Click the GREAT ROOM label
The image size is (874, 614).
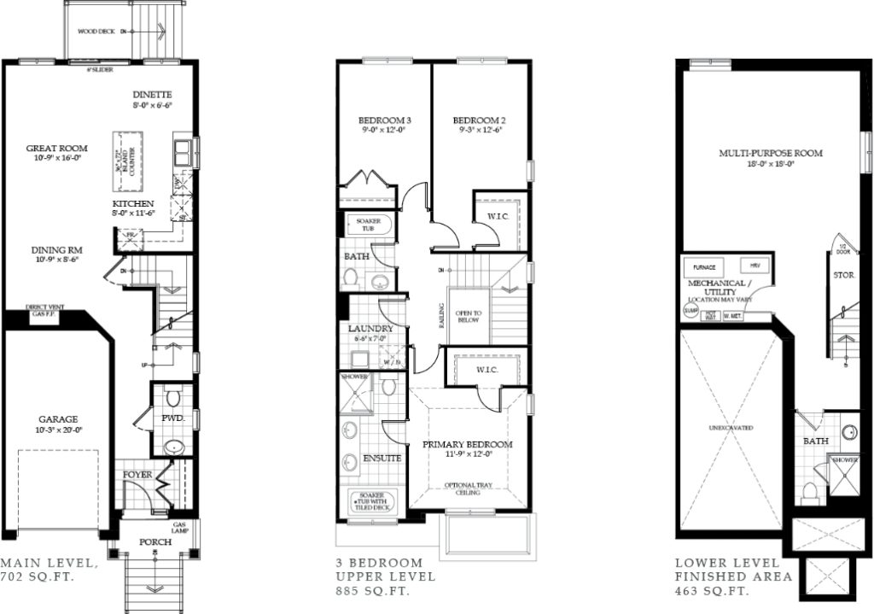coord(55,148)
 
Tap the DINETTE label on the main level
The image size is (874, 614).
coord(153,94)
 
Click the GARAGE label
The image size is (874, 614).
coord(58,419)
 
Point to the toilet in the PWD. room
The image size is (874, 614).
coord(172,397)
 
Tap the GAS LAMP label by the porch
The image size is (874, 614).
coord(180,527)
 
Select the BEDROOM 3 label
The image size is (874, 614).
coord(380,120)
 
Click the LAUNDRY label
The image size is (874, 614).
coord(370,328)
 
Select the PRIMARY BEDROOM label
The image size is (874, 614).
coord(468,444)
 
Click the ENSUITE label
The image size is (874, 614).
coord(382,458)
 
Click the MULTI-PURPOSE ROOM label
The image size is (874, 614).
coord(770,153)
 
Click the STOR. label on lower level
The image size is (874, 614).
coord(843,275)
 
